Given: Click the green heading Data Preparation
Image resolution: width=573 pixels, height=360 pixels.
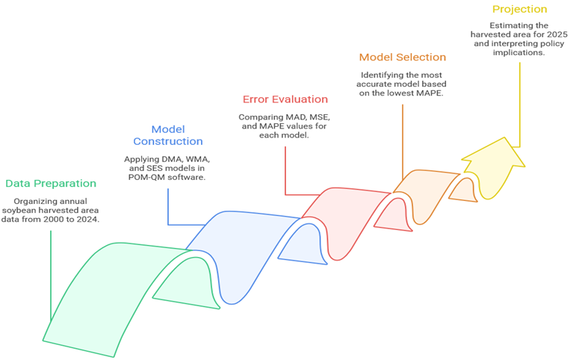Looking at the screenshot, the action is click(51, 184).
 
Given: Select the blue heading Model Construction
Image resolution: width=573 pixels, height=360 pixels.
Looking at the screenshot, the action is click(168, 135).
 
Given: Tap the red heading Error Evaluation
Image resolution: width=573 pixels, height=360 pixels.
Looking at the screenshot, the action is click(285, 99).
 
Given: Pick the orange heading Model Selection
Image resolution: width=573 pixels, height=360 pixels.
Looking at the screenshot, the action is click(403, 57).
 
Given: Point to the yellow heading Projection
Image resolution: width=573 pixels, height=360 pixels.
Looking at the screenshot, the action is click(519, 9).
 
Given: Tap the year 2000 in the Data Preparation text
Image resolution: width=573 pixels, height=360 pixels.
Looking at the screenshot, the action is click(54, 220).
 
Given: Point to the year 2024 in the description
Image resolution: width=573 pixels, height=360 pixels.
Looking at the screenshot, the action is click(88, 220).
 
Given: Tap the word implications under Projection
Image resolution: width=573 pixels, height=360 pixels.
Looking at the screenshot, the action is click(519, 52).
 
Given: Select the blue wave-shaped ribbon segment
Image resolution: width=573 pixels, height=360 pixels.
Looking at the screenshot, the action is click(241, 249).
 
